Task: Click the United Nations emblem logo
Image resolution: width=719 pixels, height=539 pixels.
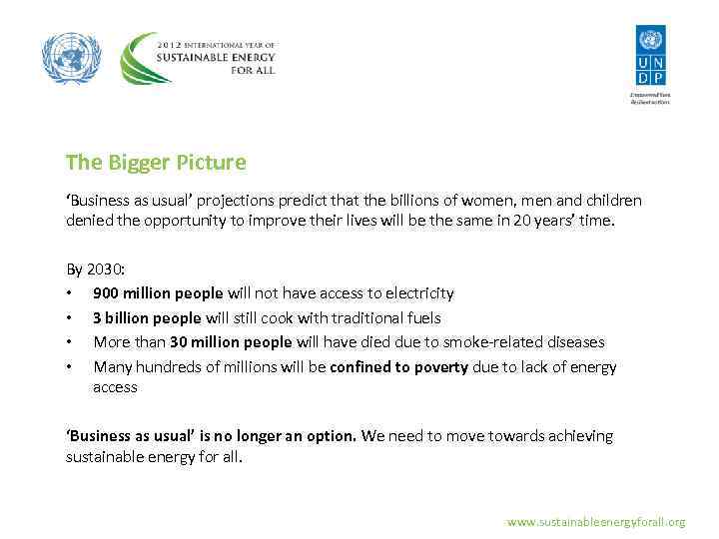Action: (72, 58)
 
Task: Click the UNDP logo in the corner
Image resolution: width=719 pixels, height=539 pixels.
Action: (650, 58)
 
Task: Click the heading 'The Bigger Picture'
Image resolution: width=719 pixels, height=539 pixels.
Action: (156, 162)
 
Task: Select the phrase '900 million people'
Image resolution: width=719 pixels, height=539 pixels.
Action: (159, 293)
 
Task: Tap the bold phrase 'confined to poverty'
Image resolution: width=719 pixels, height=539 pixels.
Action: (398, 366)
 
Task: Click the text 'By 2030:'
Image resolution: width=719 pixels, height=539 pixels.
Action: (95, 269)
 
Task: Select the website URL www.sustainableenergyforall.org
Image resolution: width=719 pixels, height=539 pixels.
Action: (596, 521)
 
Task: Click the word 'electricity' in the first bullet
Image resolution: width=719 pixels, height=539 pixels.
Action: (418, 293)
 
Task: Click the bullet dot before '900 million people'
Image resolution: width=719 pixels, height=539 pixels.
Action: (69, 294)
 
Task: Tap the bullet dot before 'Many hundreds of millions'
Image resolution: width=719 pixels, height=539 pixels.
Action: (69, 367)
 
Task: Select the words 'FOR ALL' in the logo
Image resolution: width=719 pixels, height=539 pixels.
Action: (249, 70)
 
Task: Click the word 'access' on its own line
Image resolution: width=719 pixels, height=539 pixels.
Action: (115, 386)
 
